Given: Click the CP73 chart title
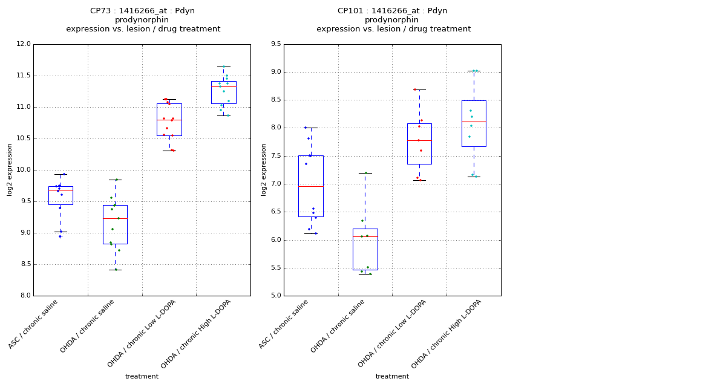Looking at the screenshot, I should coord(143,20).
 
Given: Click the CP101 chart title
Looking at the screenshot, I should coord(393,20).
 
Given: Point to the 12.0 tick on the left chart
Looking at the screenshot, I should coord(24,44).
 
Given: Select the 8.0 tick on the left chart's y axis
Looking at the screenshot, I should coord(25,296).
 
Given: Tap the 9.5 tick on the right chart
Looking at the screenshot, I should coord(275,44).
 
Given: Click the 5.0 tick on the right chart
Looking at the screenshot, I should coord(275,296).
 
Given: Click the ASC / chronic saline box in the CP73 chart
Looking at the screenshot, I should coord(60,195).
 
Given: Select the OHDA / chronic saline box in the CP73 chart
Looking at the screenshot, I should coord(115,224).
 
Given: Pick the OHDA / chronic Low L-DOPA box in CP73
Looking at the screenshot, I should coord(169,119).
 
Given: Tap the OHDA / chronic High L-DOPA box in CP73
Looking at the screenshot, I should coord(224,92).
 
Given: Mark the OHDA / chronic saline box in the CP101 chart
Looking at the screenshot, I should coord(365,249).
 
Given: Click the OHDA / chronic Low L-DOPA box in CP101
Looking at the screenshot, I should coord(419,144).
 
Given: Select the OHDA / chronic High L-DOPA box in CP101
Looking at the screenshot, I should coord(474,123).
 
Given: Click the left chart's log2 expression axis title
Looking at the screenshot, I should coord(10,170).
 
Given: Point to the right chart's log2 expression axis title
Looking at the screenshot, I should coord(264,170).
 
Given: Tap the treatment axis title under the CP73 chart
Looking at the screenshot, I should coord(142,377).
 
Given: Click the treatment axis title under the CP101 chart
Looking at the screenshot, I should coord(392,377).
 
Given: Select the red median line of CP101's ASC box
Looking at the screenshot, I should coord(311,186).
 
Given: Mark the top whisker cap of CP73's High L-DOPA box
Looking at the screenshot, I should coord(224,67).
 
